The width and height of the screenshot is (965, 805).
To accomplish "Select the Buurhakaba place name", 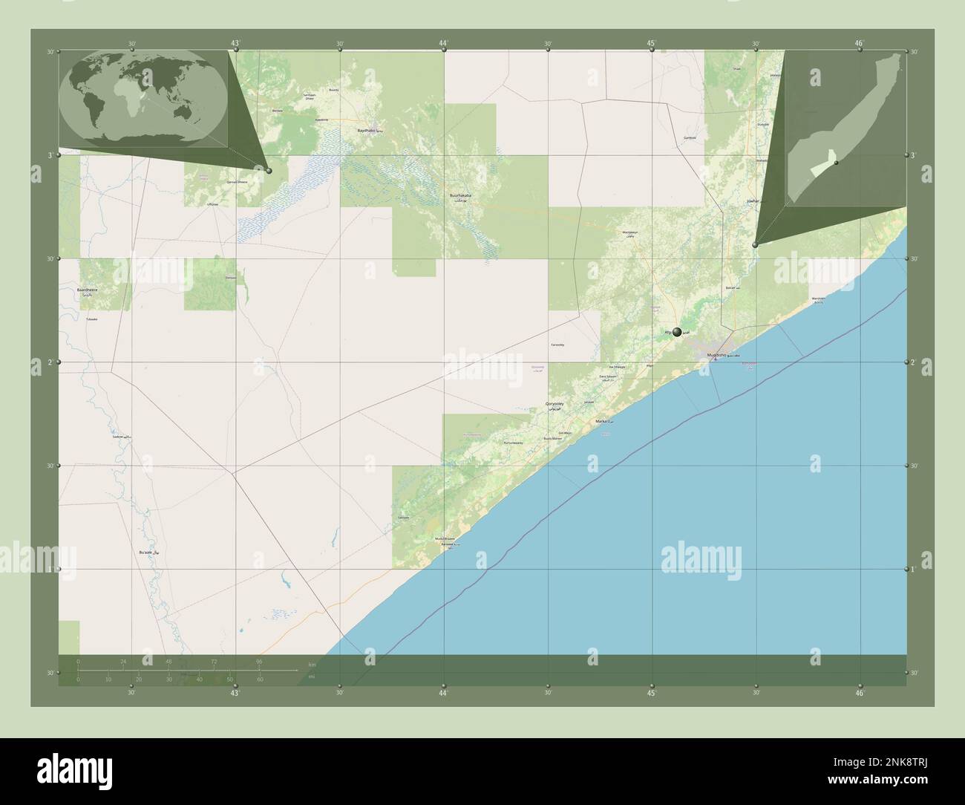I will [460, 196].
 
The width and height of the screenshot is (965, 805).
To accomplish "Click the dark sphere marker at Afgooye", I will [677, 332].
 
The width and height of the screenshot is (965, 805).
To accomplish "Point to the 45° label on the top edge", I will [651, 43].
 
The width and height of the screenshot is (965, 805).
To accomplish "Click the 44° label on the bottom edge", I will [443, 693].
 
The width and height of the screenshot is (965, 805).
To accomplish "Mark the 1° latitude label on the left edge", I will [50, 569].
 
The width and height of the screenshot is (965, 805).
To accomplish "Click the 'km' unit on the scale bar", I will [312, 664].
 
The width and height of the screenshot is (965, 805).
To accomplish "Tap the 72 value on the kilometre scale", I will [214, 661].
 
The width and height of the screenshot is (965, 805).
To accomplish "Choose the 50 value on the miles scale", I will [230, 679].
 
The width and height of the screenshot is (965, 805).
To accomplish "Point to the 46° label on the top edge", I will [860, 43].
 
